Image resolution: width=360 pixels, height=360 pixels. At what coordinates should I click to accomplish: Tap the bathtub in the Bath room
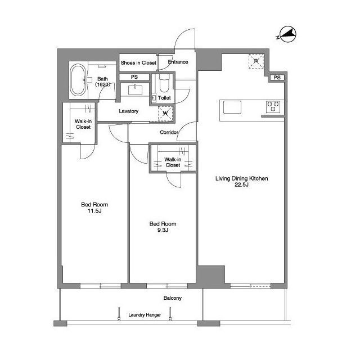[x=78, y=80]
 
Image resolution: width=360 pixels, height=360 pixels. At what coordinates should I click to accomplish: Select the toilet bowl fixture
[x=164, y=83]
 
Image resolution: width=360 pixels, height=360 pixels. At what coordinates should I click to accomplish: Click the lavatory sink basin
[x=135, y=90]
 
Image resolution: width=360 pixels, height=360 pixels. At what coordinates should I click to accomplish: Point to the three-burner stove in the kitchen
[x=273, y=107]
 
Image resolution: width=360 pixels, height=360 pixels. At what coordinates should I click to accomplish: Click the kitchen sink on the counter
[x=232, y=107]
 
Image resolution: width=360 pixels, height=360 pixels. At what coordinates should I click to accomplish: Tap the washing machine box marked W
[x=165, y=114]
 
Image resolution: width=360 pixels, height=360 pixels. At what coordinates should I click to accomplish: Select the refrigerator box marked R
[x=256, y=61]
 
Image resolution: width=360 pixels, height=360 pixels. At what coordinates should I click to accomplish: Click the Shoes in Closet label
[x=138, y=62]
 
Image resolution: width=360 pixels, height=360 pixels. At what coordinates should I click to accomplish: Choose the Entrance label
[x=178, y=62]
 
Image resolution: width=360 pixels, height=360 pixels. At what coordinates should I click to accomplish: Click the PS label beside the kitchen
[x=277, y=78]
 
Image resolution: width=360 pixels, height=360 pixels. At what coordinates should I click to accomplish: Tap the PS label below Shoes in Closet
[x=134, y=77]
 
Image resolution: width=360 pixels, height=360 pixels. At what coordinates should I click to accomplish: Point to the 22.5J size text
[x=241, y=184]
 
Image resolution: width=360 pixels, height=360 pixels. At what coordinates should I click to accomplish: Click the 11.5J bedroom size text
[x=94, y=211]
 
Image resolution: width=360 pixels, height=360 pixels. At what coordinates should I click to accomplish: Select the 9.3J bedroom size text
[x=163, y=230]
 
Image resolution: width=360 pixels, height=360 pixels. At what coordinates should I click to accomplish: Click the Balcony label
[x=173, y=298]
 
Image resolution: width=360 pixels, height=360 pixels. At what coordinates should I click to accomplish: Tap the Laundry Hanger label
[x=145, y=315]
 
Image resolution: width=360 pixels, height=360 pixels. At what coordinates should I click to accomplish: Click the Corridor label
[x=169, y=132]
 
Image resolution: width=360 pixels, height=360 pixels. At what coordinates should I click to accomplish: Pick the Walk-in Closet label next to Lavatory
[x=83, y=124]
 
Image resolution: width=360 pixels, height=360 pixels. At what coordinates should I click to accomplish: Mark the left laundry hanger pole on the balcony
[x=119, y=314]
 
